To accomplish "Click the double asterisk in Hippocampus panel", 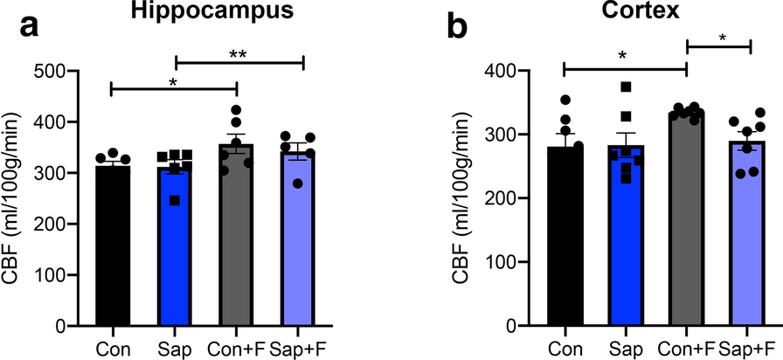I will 238,53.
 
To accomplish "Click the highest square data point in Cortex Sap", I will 626,87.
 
